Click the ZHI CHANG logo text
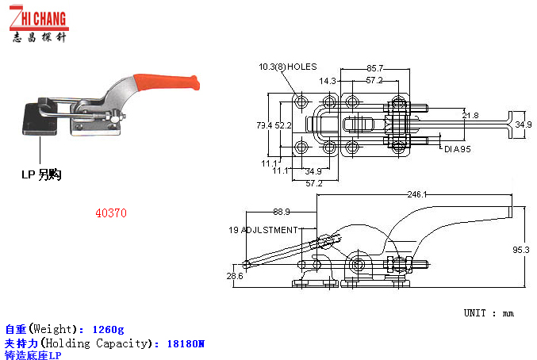tap(39, 18)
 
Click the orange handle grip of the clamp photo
tap(166, 82)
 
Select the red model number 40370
tap(111, 213)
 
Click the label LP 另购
tap(41, 174)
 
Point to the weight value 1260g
tap(108, 330)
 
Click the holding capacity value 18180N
tap(186, 343)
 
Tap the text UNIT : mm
tap(489, 313)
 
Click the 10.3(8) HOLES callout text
tap(288, 67)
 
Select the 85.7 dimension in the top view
tap(375, 68)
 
